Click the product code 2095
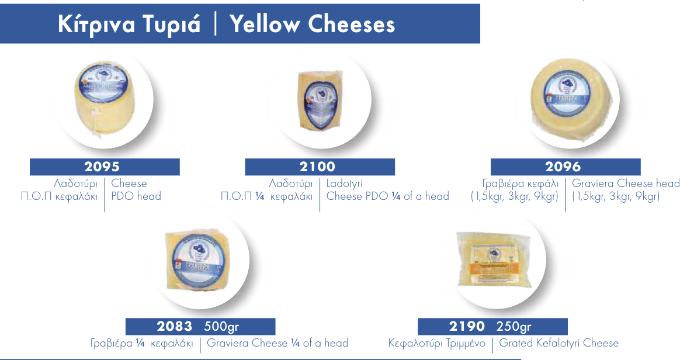click(x=104, y=167)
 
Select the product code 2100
click(x=319, y=167)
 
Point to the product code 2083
click(x=175, y=326)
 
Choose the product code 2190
click(x=467, y=326)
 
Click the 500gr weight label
click(x=221, y=326)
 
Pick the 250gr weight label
click(x=513, y=326)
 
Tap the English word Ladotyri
click(x=345, y=184)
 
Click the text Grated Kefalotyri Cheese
click(x=558, y=343)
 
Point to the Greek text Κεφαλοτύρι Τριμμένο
click(x=437, y=343)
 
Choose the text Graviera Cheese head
click(x=626, y=184)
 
